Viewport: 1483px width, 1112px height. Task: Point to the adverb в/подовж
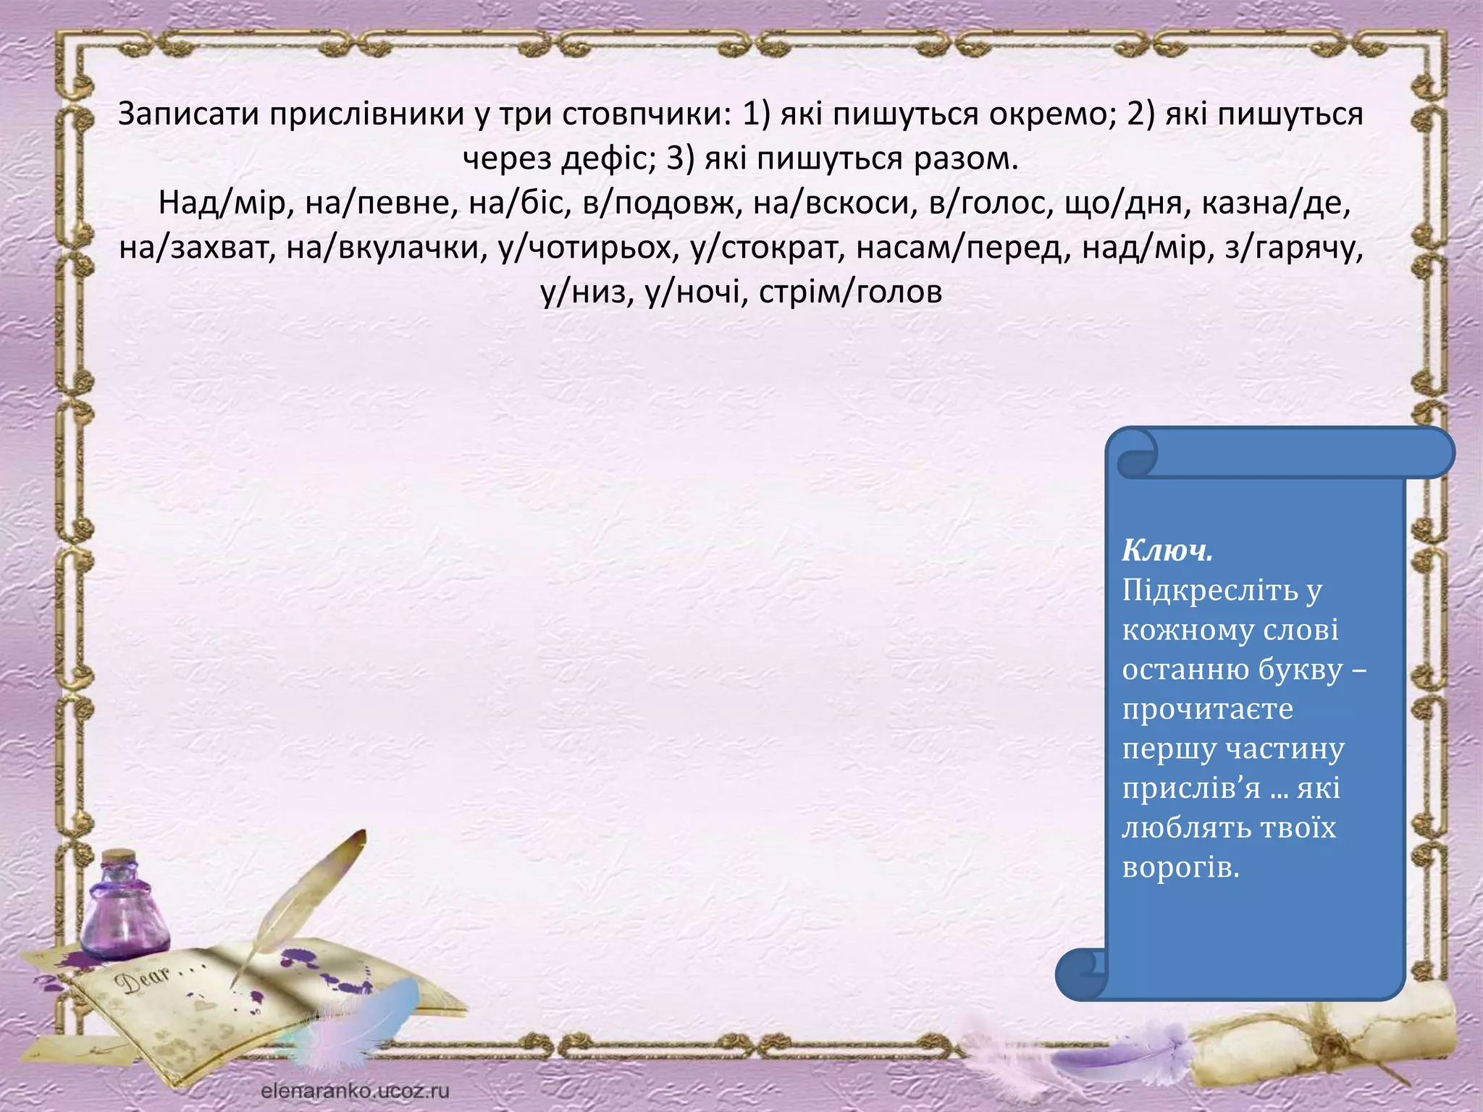pyautogui.click(x=657, y=203)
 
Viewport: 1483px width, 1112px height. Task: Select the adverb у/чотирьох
pyautogui.click(x=585, y=248)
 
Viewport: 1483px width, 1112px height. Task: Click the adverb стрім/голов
pyautogui.click(x=850, y=292)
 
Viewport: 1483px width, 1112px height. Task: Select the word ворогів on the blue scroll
pyautogui.click(x=1180, y=867)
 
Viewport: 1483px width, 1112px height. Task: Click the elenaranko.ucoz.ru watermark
pyautogui.click(x=355, y=1090)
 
